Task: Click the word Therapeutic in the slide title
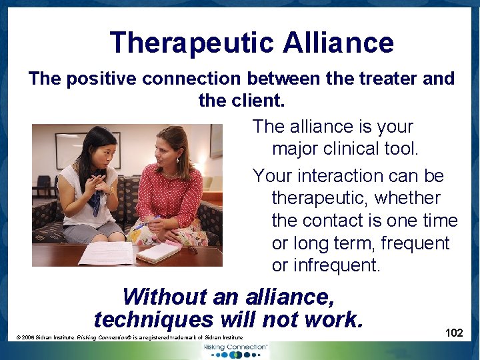[x=191, y=43]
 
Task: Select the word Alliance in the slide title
[x=338, y=43]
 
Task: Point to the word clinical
[x=348, y=149]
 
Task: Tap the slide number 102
[x=453, y=333]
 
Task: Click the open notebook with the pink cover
[x=160, y=250]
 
